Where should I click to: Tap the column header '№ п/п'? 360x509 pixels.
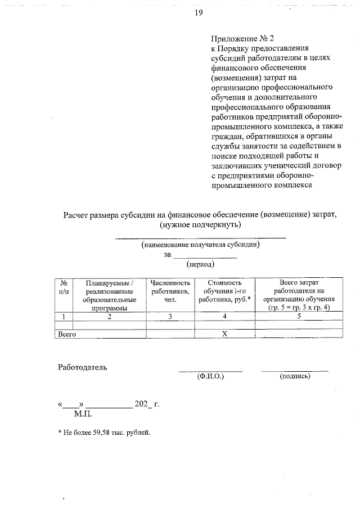pos(65,286)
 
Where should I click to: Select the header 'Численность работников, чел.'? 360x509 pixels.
pos(171,291)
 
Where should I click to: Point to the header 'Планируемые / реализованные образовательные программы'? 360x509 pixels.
pos(110,295)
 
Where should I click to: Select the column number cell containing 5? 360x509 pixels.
pos(299,317)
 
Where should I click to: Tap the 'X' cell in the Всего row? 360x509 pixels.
pos(224,334)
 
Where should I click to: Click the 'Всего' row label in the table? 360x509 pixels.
pos(67,334)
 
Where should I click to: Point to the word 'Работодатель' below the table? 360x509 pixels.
pos(83,368)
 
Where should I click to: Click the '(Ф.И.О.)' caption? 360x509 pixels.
pos(210,376)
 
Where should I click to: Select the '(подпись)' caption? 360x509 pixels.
pos(295,376)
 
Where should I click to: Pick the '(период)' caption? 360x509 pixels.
pos(200,263)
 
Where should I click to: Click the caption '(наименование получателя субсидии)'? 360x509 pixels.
pos(200,245)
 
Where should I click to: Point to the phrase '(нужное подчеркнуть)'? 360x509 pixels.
pos(200,225)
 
